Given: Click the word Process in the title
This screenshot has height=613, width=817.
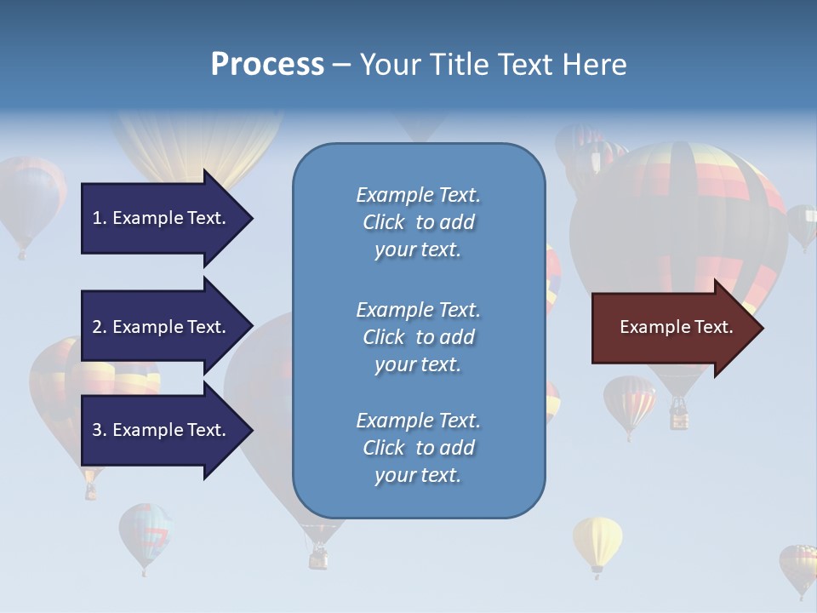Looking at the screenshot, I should tap(267, 65).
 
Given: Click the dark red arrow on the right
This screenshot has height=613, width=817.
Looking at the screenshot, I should tap(672, 328).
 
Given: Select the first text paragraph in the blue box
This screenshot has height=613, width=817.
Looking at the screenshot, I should tap(418, 222).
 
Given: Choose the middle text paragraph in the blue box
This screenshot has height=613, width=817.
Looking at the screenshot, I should tap(418, 337).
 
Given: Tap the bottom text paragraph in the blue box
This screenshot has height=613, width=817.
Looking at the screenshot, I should tap(418, 448).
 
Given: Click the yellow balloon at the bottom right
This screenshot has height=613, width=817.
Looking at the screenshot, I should tap(597, 541).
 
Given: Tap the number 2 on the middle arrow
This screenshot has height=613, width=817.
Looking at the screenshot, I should tap(97, 327).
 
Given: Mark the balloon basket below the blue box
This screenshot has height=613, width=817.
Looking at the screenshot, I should tap(318, 558).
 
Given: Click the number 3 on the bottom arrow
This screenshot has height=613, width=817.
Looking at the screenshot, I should tap(97, 430).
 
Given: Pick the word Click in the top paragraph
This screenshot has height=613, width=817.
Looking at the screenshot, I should tap(384, 222).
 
